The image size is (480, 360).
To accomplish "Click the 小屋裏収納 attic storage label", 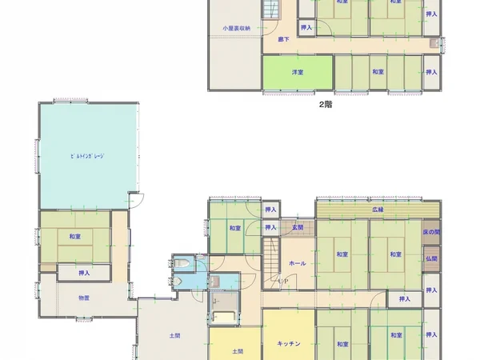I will pos(237,29).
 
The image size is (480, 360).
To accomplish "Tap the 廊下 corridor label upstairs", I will pos(283,39).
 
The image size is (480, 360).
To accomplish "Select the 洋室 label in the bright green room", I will pos(297,72).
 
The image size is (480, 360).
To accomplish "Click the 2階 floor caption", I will pos(326,104).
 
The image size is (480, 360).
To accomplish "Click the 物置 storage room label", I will pos(84,298).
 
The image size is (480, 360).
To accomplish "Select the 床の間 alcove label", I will pos(431,232).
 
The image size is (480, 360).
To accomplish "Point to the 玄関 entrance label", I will pos(298,229).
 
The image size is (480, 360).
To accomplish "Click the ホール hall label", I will pos(297,262).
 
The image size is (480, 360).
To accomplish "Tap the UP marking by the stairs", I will pos(283,281).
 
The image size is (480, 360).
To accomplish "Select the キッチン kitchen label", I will pos(288,344).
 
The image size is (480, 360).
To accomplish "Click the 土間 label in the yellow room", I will pos(238,351).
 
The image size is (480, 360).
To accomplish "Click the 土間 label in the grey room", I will pos(174,336).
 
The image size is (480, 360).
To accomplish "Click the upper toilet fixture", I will pos(183,263).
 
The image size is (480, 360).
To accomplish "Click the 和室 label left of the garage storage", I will pos(74,237).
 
